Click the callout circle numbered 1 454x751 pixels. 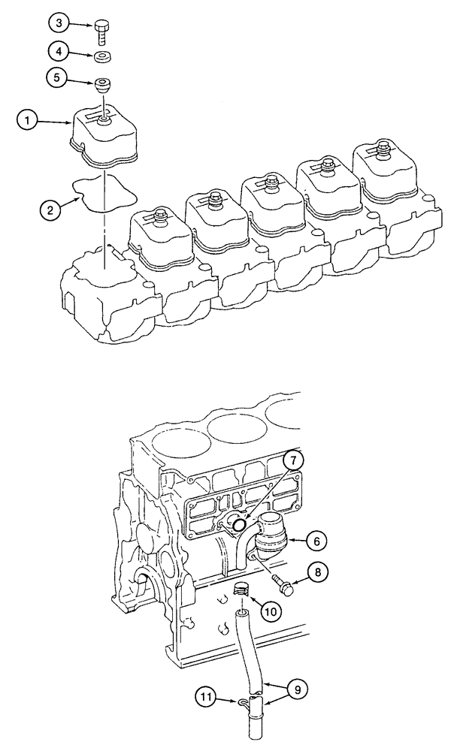tap(28, 118)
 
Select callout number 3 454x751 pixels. tap(61, 23)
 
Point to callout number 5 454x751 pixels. tap(61, 77)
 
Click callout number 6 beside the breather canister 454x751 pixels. tap(316, 539)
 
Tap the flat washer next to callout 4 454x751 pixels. tap(101, 56)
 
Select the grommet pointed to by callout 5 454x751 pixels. tap(101, 82)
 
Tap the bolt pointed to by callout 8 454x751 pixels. tap(286, 582)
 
